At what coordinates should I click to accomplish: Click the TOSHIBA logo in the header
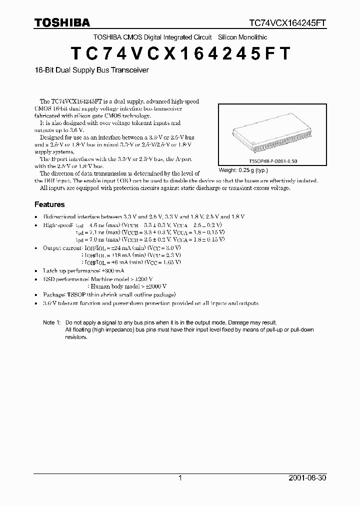62,22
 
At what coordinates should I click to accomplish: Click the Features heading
49,204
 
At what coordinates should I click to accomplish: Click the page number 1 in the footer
180,478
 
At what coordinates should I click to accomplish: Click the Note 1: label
51,322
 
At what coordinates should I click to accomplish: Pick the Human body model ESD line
127,286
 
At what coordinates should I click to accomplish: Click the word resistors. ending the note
76,337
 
